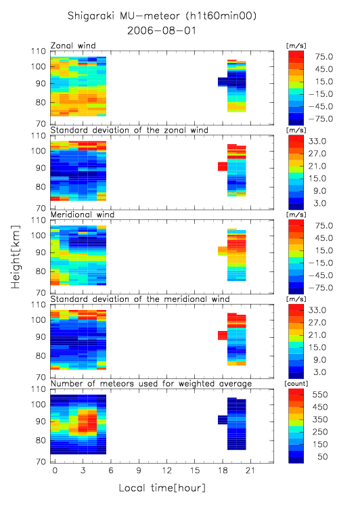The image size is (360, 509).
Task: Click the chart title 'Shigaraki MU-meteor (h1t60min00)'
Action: (x=162, y=16)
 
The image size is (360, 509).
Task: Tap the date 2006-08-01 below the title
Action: (x=162, y=31)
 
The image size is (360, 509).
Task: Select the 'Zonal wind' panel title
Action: (x=73, y=45)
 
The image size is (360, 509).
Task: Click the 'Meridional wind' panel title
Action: (x=83, y=215)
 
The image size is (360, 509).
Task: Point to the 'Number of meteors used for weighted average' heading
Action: (x=151, y=384)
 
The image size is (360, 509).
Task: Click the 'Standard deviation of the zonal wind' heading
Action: (x=129, y=130)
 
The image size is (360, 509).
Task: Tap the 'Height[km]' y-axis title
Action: (x=16, y=257)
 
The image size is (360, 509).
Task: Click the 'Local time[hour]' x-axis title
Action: (x=162, y=488)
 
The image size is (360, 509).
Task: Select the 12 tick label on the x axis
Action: (x=167, y=470)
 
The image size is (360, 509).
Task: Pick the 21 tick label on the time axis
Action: (x=250, y=470)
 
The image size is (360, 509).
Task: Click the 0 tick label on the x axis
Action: (x=55, y=470)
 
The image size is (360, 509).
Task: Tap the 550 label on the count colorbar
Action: (x=320, y=395)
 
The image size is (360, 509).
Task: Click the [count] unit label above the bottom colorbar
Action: (x=296, y=384)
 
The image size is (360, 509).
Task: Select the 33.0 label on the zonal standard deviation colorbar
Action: (x=317, y=141)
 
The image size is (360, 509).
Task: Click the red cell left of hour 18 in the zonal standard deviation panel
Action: (x=223, y=167)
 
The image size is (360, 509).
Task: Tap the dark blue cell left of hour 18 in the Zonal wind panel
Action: (x=223, y=82)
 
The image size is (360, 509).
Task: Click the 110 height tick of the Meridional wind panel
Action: (x=39, y=221)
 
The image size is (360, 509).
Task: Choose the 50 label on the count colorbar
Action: (x=323, y=457)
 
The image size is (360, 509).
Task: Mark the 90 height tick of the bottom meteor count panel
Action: (x=41, y=422)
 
